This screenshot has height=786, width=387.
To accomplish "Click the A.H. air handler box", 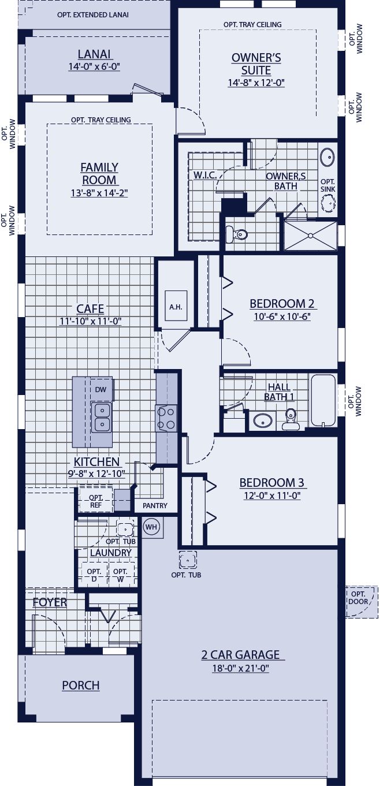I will tap(176, 307).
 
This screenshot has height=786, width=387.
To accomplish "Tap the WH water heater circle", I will tap(151, 527).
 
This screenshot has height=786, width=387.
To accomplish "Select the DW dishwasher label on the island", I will tap(101, 390).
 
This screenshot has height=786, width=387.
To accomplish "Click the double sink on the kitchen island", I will tap(102, 417).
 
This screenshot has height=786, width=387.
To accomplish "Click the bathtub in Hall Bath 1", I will tap(322, 401).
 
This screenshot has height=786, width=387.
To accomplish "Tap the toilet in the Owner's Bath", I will tap(237, 234).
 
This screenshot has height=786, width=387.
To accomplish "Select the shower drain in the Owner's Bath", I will tap(310, 235).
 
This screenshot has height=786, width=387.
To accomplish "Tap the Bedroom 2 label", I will tap(277, 304).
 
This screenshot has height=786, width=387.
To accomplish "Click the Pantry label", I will tap(155, 506).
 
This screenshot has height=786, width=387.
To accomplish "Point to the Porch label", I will tap(81, 686).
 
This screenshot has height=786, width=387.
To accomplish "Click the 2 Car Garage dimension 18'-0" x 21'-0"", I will tap(240, 669).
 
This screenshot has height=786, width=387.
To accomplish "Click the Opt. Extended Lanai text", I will tap(93, 14).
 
